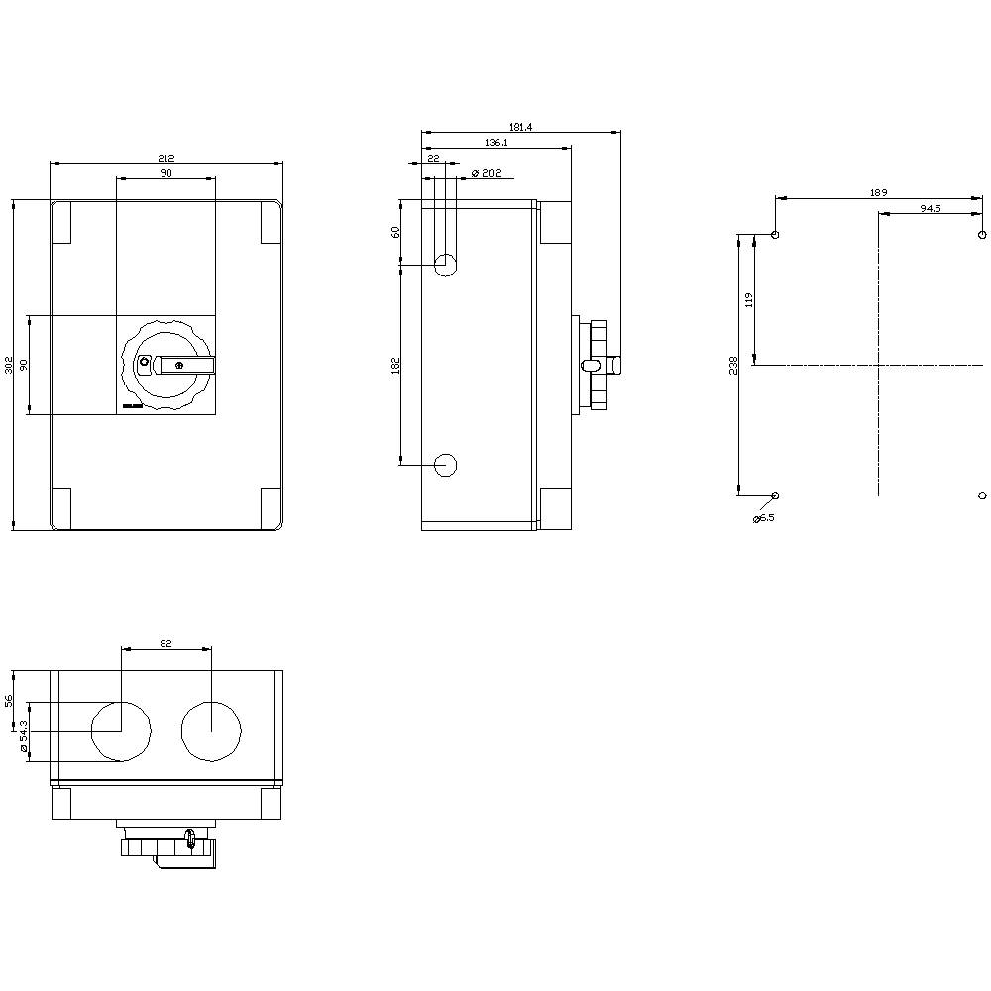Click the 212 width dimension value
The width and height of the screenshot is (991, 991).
165,158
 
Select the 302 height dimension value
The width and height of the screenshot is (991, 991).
9,365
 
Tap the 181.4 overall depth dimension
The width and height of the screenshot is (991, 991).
521,127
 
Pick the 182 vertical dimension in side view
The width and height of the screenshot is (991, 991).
395,365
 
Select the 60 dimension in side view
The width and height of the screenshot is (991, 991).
395,232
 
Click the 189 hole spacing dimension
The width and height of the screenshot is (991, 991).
878,193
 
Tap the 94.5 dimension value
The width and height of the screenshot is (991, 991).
930,209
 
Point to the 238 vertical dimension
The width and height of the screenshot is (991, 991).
734,365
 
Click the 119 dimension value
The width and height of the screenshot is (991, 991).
750,299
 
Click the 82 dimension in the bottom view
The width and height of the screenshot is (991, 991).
165,644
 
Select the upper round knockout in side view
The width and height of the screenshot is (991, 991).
446,265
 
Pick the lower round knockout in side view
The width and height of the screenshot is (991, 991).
446,464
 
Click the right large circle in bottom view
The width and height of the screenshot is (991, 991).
211,731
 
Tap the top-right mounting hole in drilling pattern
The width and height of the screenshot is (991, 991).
981,235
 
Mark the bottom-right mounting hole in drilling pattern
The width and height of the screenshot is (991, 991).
981,495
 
